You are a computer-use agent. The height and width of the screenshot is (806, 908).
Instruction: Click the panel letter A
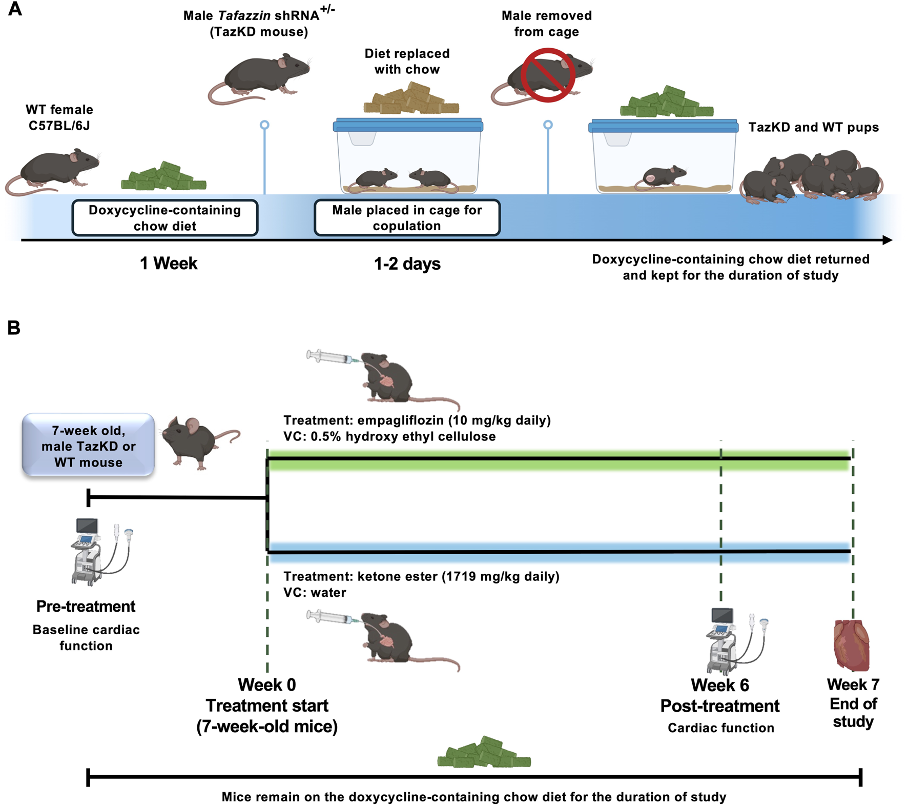[15, 9]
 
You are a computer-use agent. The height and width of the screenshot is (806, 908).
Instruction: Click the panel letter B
[14, 328]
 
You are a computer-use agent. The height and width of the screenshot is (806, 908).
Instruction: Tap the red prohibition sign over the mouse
[547, 75]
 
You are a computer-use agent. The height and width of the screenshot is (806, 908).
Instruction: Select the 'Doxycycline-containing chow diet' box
[164, 218]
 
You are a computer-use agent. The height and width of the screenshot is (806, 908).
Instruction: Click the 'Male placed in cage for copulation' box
[407, 218]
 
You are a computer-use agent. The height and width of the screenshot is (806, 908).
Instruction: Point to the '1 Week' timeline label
[169, 264]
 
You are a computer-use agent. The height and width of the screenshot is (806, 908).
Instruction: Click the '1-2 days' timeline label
[407, 264]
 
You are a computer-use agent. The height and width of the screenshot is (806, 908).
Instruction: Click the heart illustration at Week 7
[852, 646]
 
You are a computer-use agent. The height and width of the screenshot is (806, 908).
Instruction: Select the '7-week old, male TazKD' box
[88, 446]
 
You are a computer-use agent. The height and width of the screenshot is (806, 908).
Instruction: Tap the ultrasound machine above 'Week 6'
[733, 641]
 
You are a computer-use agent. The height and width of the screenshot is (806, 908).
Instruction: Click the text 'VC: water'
[315, 593]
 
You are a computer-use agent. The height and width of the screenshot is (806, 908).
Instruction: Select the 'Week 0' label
[266, 685]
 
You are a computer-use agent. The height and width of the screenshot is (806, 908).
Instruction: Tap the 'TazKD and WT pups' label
[813, 128]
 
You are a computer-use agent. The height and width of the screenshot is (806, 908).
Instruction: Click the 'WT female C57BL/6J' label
[59, 117]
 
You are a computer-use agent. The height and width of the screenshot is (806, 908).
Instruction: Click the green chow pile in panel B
[484, 753]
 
